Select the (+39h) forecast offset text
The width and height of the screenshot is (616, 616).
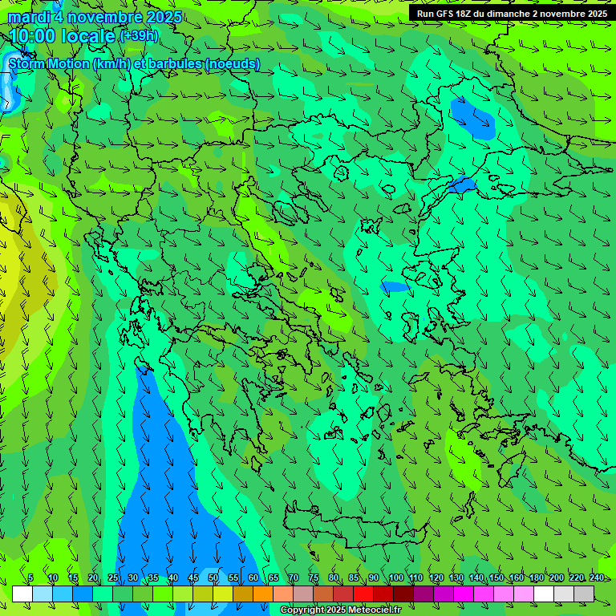(139, 35)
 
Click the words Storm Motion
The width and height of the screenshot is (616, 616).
(49, 63)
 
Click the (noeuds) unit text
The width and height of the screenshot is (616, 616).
(232, 63)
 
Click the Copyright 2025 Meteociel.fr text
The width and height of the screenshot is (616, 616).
(340, 610)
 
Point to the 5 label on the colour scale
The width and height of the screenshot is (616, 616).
(30, 577)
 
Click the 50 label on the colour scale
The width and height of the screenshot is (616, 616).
(213, 577)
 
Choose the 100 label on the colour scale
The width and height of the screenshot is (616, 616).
(395, 577)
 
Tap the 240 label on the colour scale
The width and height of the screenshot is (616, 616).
(596, 577)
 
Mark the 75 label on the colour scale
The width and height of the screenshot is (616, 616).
(314, 577)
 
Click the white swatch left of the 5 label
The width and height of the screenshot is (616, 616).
(22, 594)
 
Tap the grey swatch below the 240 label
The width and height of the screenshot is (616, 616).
(584, 594)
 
